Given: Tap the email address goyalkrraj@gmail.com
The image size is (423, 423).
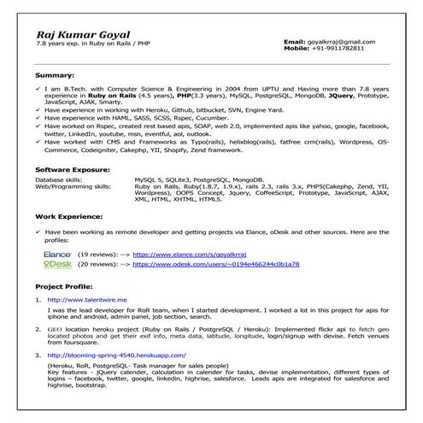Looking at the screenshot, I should pyautogui.click(x=352, y=41).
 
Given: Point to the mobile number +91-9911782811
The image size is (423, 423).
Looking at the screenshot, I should pyautogui.click(x=350, y=49).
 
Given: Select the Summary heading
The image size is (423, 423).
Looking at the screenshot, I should pyautogui.click(x=50, y=75).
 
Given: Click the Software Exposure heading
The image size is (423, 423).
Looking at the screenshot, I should pyautogui.click(x=71, y=169).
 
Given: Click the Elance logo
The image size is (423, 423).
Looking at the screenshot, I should pyautogui.click(x=57, y=254).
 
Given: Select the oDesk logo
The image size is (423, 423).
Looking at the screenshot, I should pyautogui.click(x=57, y=264).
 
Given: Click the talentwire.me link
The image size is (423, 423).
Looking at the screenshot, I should pyautogui.click(x=87, y=300).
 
